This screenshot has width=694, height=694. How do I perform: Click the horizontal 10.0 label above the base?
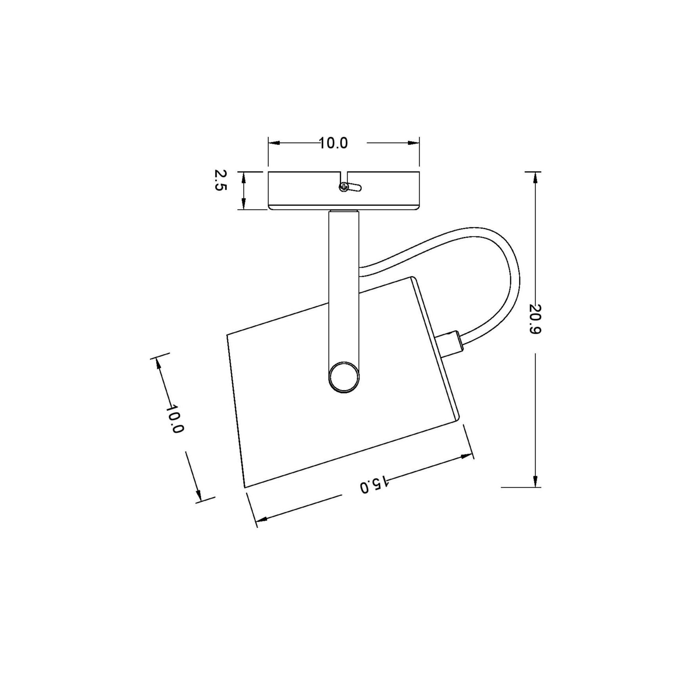pos(333,143)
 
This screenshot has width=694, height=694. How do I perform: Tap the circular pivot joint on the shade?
pos(344,377)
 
